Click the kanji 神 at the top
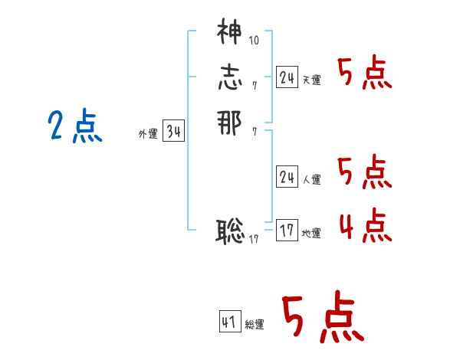pos(228,34)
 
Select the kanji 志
pos(229,77)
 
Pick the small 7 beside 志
pos(254,85)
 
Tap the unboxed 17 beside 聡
pos(255,238)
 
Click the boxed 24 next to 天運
pos(287,77)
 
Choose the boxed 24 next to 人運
pos(287,177)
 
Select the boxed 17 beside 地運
pos(287,231)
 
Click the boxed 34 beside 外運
pos(173,132)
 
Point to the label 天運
pos(311,80)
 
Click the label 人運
pos(311,179)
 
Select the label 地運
pos(311,233)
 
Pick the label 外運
pos(148,134)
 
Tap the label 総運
pos(255,325)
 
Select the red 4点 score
pos(365,227)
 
